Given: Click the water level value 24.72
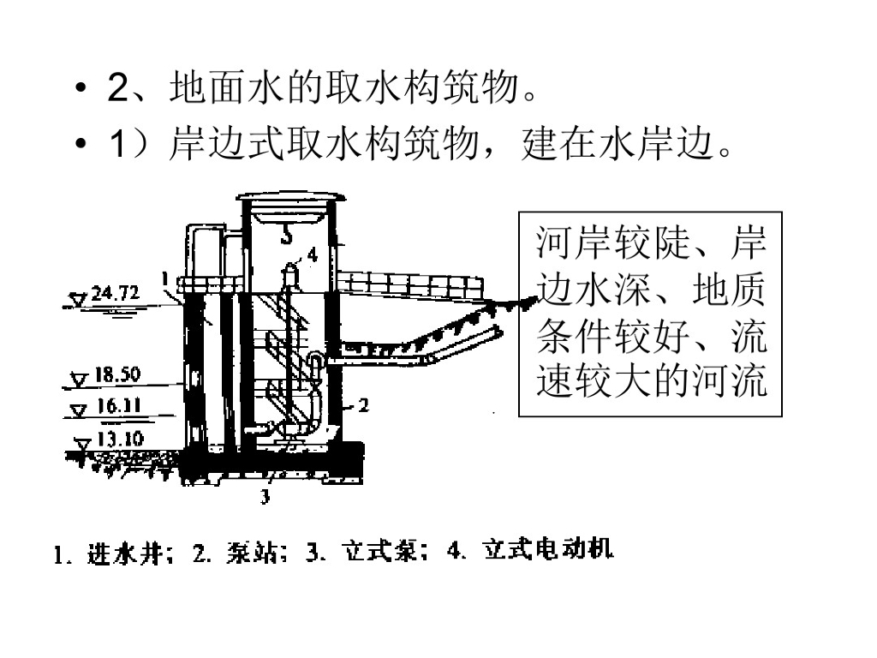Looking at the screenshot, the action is click(x=115, y=293).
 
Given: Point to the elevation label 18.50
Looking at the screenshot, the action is click(x=117, y=374).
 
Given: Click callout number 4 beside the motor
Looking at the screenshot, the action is click(x=312, y=254).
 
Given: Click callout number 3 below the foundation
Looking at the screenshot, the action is click(x=265, y=495).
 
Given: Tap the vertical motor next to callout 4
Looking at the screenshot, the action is click(x=290, y=274).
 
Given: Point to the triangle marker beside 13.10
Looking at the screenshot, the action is click(x=83, y=445).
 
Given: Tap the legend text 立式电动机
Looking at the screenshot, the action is click(x=548, y=551).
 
